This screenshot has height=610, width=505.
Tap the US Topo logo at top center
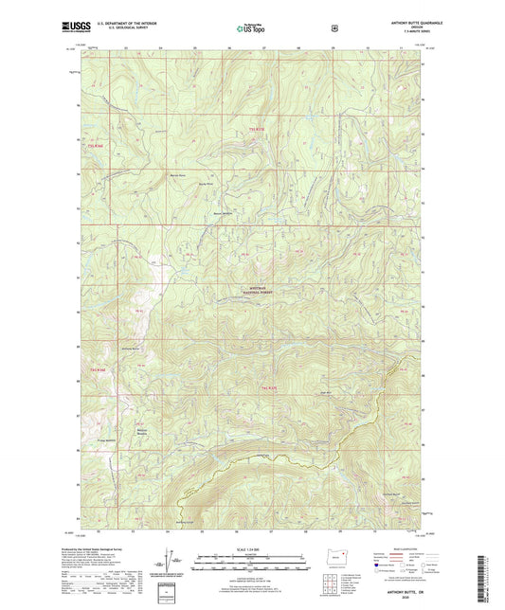click(x=251, y=30)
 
